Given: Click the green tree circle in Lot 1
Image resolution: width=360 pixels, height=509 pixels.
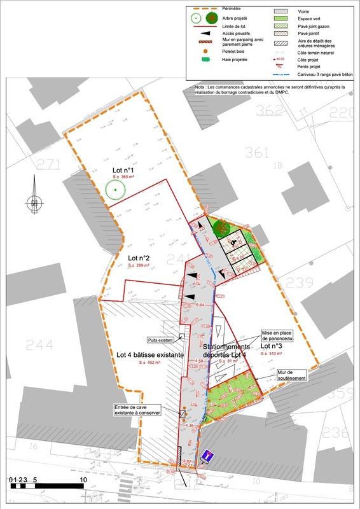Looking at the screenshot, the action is point(114,190).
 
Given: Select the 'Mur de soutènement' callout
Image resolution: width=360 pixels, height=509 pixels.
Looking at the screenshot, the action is point(292,375).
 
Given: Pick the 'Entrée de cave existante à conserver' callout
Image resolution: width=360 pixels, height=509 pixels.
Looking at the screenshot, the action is point(137,410).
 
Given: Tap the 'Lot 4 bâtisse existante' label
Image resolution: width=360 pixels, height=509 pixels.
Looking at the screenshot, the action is point(150,354).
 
